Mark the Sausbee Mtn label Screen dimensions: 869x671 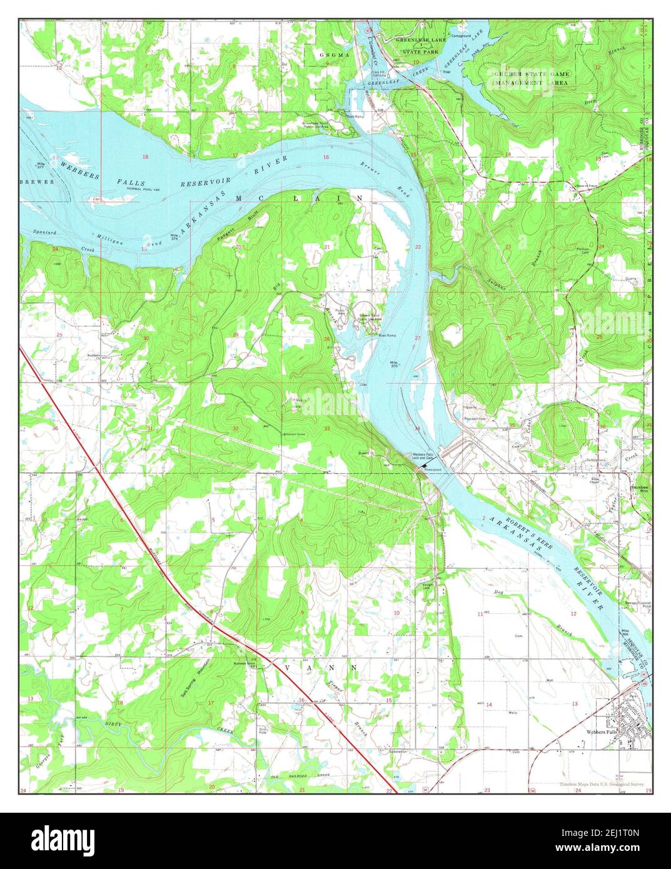(x=638, y=488)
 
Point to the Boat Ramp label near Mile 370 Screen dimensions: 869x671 (x=386, y=335)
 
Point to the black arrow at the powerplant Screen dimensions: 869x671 (x=425, y=466)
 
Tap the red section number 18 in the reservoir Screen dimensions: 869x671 (x=145, y=156)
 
